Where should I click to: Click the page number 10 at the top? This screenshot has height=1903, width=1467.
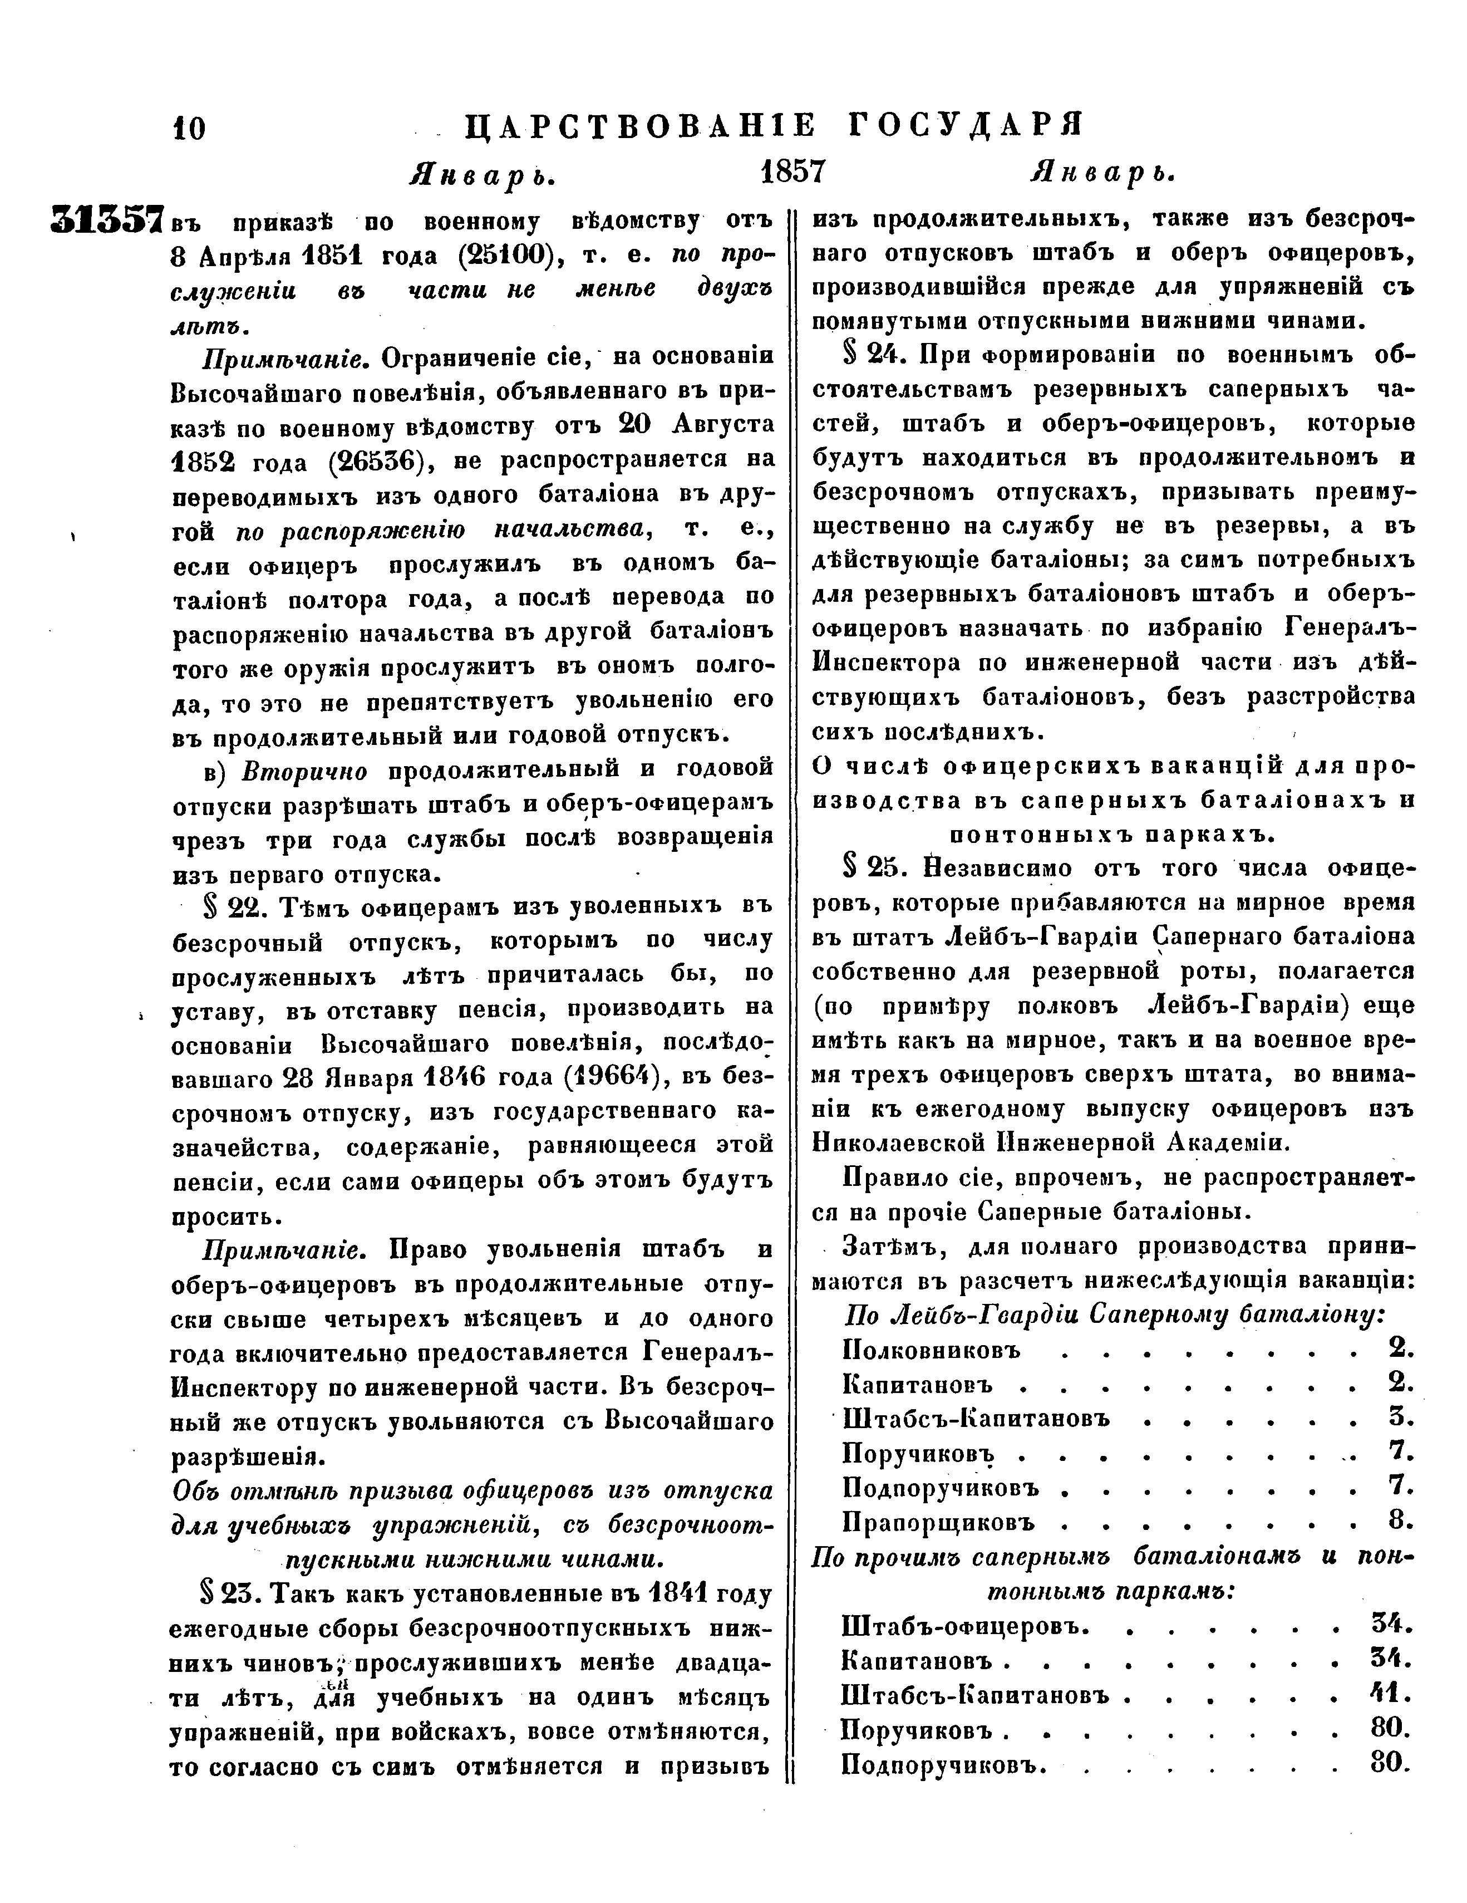tap(189, 129)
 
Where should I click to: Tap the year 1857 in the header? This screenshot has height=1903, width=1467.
tap(792, 171)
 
